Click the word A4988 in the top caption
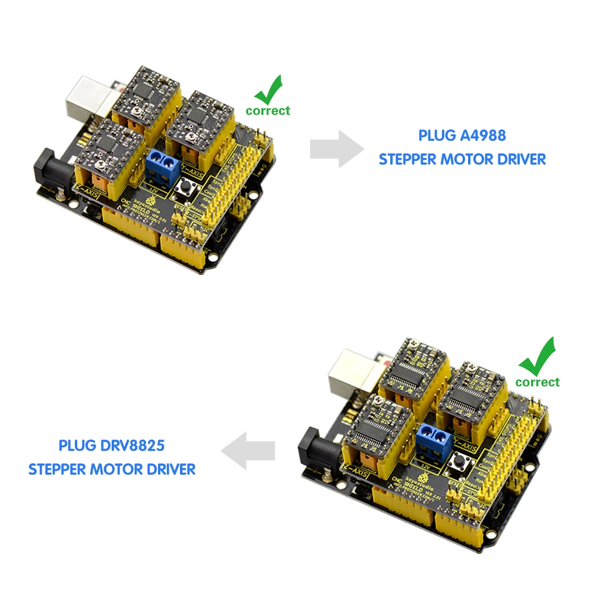coord(483,135)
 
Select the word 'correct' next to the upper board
coord(268,110)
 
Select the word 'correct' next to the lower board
coord(538,382)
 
